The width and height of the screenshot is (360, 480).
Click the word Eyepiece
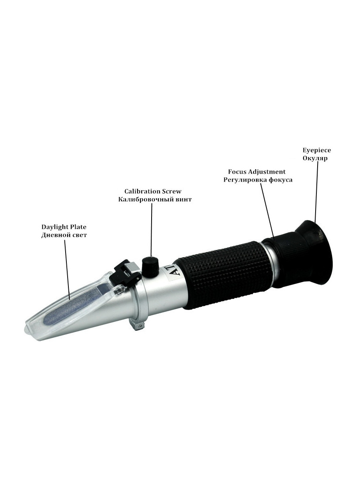[x=316, y=150]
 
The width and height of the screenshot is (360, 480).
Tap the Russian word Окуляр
[x=315, y=158]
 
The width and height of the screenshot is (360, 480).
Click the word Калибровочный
[x=146, y=200]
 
